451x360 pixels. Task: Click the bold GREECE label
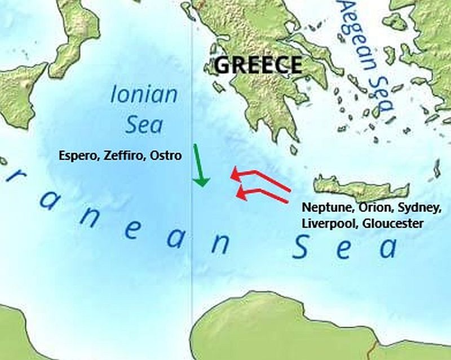click(259, 65)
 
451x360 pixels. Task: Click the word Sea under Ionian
click(143, 125)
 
